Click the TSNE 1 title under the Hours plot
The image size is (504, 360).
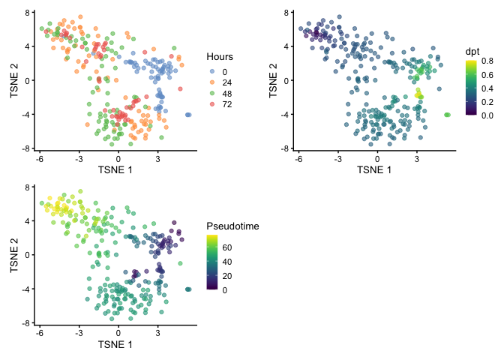[118, 169]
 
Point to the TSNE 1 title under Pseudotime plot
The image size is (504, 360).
[118, 344]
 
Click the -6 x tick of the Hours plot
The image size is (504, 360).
[40, 158]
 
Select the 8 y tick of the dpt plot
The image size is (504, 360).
[286, 12]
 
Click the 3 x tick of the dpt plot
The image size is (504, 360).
[417, 158]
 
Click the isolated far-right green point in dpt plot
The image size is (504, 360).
[447, 114]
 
